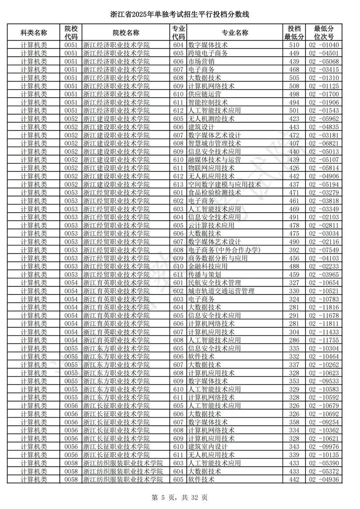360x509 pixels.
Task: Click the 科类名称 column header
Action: [34, 32]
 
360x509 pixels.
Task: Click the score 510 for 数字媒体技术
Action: [294, 45]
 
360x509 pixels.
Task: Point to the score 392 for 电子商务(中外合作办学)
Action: [294, 250]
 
